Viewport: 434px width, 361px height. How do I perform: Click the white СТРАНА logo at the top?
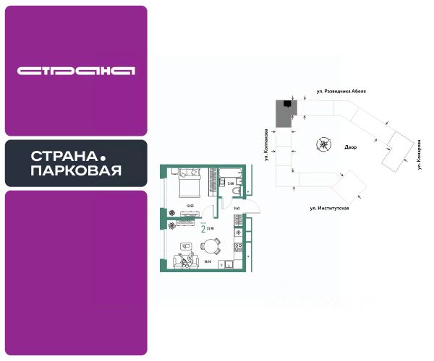[76, 71]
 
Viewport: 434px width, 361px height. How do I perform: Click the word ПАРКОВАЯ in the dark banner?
[75, 170]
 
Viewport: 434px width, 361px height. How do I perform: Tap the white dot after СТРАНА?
[102, 157]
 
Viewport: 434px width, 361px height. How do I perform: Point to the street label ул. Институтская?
[330, 208]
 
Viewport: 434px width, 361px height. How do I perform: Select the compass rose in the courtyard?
[322, 144]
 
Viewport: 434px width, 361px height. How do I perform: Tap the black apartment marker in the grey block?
[288, 105]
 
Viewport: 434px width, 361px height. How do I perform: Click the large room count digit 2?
[203, 228]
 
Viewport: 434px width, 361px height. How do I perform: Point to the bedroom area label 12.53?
[190, 205]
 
